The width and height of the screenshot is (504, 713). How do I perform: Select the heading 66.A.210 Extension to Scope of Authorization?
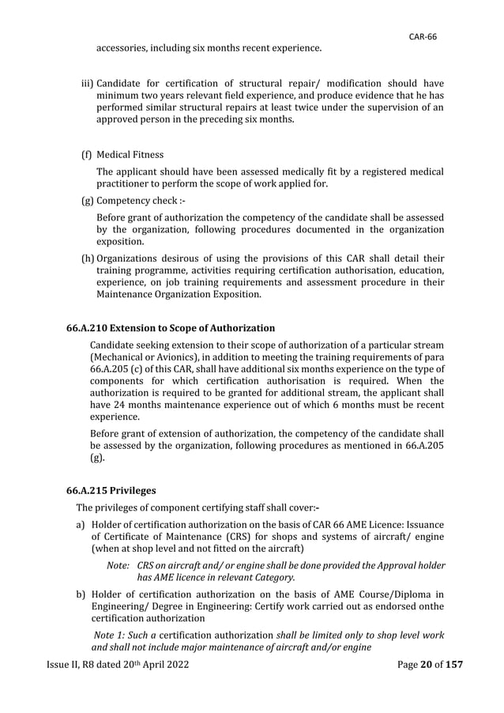coord(170,327)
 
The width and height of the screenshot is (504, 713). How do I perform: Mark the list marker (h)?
coord(87,258)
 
